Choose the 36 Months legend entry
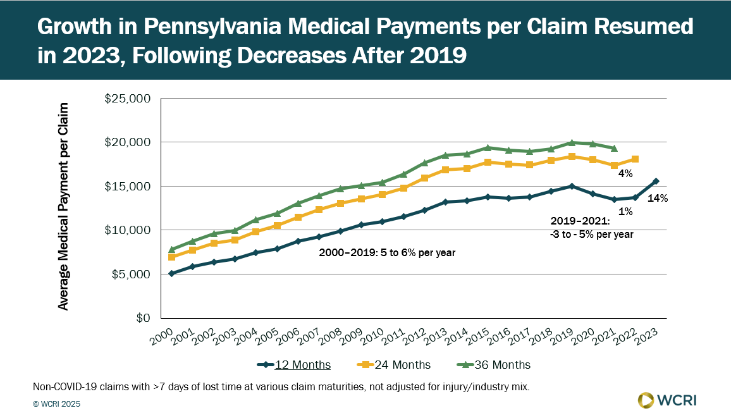pyautogui.click(x=494, y=365)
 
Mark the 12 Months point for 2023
pyautogui.click(x=656, y=182)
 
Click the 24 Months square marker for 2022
pyautogui.click(x=635, y=159)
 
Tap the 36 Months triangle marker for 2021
pyautogui.click(x=614, y=148)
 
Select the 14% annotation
pyautogui.click(x=658, y=199)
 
